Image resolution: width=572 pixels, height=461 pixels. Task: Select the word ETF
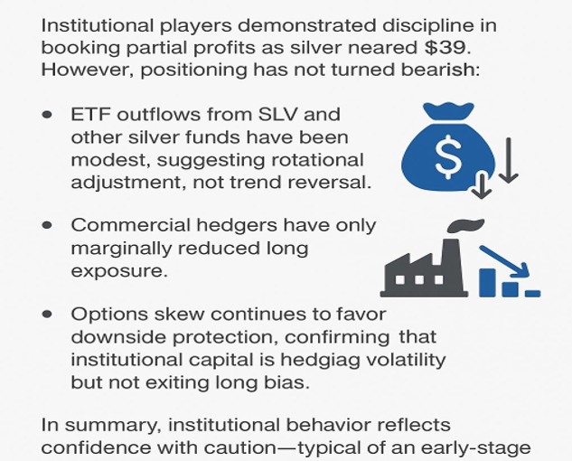[x=90, y=115]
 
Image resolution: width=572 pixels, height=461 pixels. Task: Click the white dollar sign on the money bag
[x=449, y=157]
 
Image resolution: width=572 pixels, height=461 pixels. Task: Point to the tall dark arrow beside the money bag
[x=509, y=160]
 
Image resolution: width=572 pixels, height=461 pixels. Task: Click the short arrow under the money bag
[x=482, y=185]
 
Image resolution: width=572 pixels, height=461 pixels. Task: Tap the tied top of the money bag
[x=448, y=110]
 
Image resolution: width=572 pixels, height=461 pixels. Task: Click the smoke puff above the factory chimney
[x=465, y=225]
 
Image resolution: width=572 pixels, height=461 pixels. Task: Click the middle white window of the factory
[x=419, y=280]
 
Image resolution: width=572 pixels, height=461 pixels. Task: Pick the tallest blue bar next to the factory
[x=487, y=283]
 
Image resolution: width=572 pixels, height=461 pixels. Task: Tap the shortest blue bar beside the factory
[x=532, y=294]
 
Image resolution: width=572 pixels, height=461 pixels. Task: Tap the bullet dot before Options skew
[x=47, y=314]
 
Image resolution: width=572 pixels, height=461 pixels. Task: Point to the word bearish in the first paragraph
[x=440, y=70]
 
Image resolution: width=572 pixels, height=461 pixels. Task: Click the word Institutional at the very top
[x=97, y=25]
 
